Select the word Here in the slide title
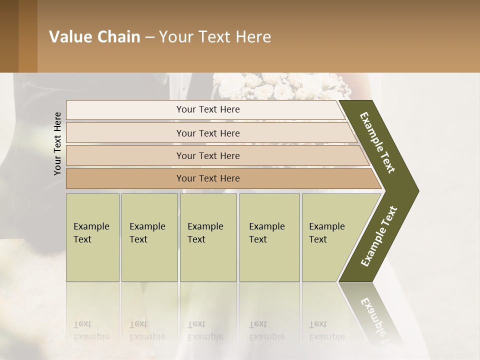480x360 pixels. point(253,37)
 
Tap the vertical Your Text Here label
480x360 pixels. point(57,143)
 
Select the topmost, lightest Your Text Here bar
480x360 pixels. point(208,109)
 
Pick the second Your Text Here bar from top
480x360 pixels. point(208,133)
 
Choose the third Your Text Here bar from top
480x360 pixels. point(208,155)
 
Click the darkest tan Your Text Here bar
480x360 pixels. point(208,178)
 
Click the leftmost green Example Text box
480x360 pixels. point(92,237)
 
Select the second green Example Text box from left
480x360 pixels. point(149,237)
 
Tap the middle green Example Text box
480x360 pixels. point(208,237)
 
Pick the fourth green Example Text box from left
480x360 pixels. point(269,237)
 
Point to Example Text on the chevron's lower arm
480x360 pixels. point(379,236)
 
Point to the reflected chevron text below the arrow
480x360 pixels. point(375,320)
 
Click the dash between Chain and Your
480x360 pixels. point(149,37)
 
